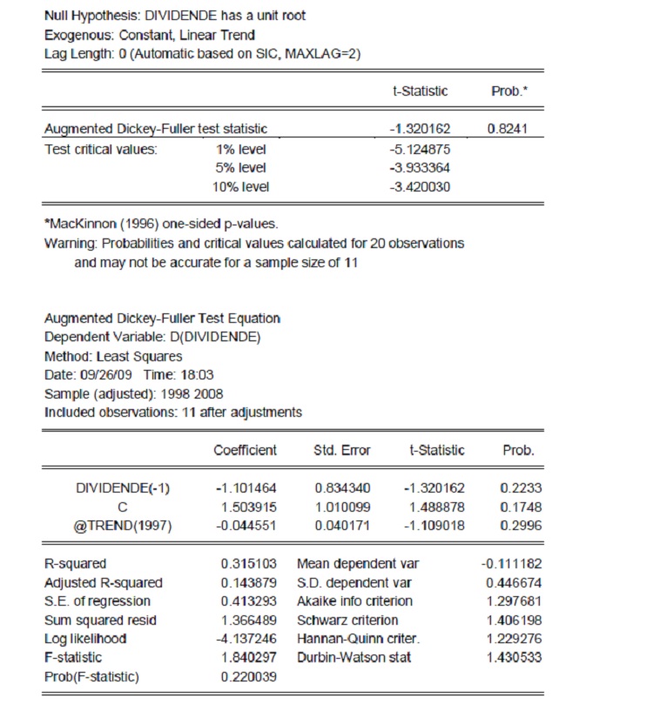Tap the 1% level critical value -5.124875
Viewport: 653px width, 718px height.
421,149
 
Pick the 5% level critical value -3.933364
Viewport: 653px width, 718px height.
421,167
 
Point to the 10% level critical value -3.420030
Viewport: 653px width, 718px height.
421,186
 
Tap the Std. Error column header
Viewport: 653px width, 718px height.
342,450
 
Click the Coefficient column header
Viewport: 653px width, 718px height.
246,450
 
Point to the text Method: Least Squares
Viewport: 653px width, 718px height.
113,356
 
